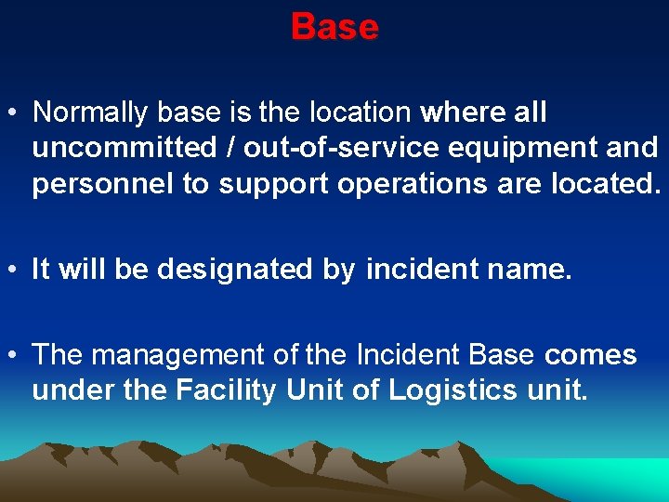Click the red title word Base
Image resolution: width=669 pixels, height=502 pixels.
334,27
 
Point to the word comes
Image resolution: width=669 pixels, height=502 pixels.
591,355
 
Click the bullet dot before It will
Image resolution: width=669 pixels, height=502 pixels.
15,271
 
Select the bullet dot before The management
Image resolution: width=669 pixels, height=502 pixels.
15,356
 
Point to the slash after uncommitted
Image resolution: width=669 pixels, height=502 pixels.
215,149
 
